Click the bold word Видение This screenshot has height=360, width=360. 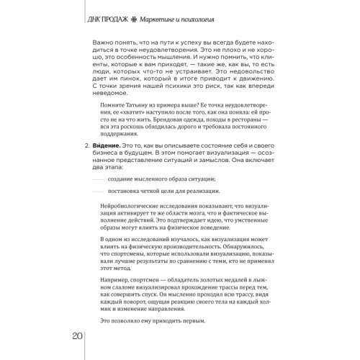point(103,146)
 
